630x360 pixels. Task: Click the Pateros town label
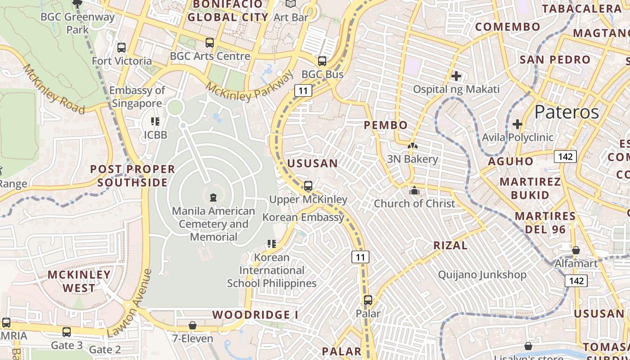click(x=567, y=112)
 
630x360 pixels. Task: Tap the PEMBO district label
click(x=386, y=125)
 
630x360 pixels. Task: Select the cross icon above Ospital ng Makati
click(x=456, y=76)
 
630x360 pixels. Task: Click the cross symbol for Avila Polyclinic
click(x=517, y=124)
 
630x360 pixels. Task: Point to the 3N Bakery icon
click(x=412, y=146)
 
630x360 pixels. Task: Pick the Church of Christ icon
click(x=414, y=190)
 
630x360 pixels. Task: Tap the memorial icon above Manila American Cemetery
click(x=213, y=197)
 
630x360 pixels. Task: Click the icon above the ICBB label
click(x=155, y=121)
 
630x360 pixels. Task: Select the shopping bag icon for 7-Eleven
click(x=193, y=325)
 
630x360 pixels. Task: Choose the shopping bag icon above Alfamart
click(x=576, y=250)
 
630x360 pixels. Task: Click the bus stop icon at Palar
click(x=368, y=300)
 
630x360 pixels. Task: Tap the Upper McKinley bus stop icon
click(x=308, y=185)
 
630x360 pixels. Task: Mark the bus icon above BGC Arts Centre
click(x=210, y=43)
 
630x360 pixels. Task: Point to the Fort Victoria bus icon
click(x=121, y=47)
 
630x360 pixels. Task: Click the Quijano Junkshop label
click(x=482, y=274)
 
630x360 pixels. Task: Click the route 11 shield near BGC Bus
click(x=303, y=90)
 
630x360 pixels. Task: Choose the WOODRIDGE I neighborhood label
click(x=255, y=315)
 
